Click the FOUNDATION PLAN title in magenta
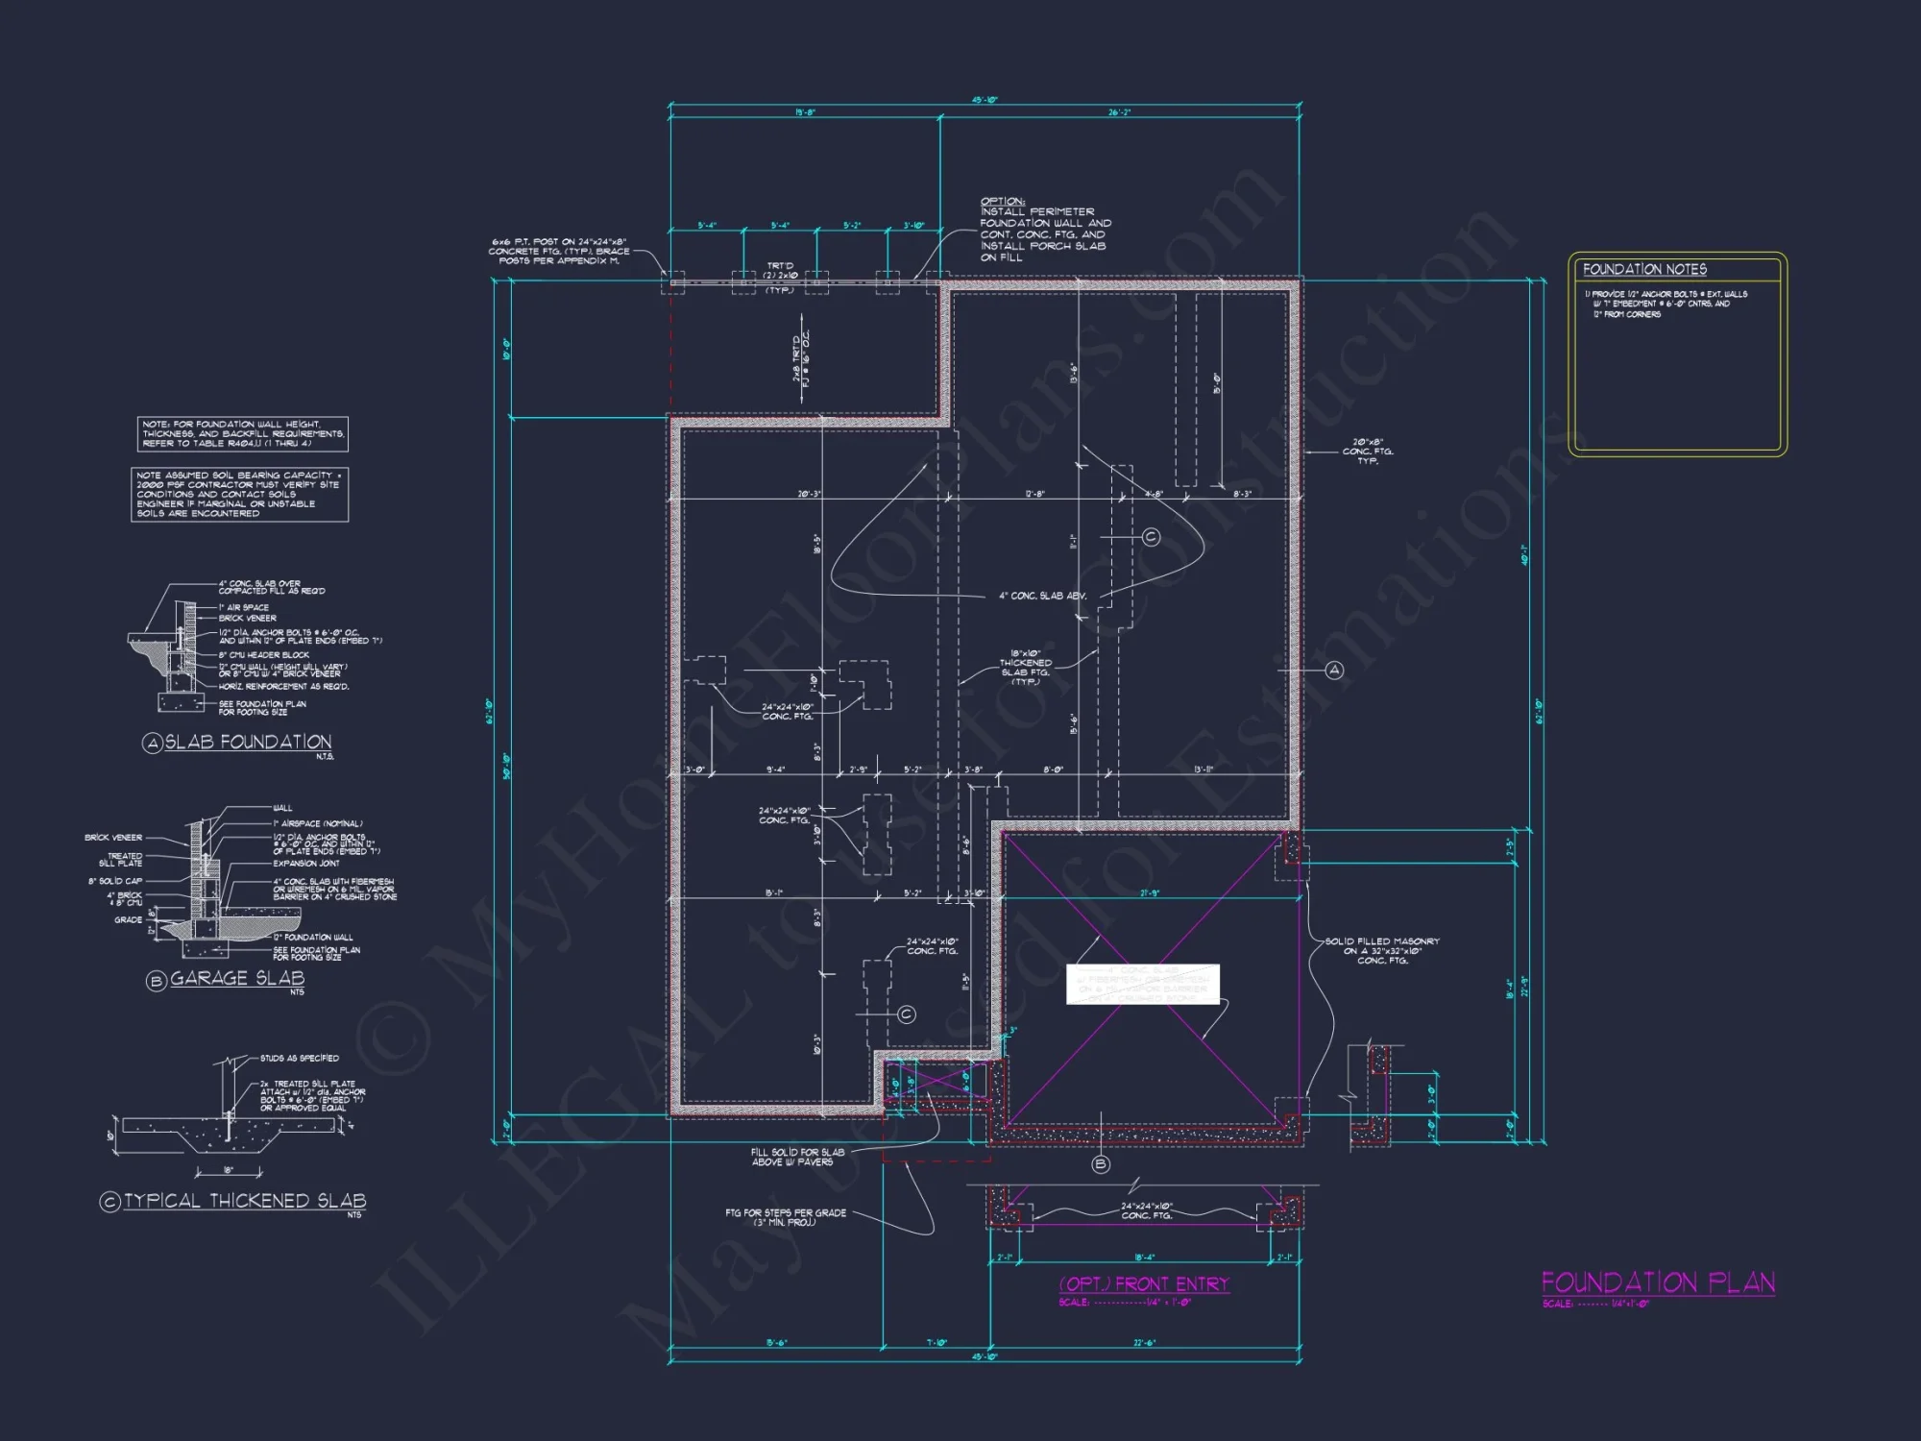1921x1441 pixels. coord(1658,1282)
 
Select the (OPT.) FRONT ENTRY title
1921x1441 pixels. coord(1144,1284)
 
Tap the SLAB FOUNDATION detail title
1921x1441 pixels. coord(248,742)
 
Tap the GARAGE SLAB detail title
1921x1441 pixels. coord(236,978)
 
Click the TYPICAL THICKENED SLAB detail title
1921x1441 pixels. coord(244,1201)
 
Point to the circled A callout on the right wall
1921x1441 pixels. coord(1334,670)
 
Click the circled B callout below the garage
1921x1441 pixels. coord(1101,1164)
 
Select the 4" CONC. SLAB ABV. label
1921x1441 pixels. coord(1042,596)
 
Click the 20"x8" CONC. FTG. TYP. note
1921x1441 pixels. coord(1367,452)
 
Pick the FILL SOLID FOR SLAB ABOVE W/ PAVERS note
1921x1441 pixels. coord(797,1157)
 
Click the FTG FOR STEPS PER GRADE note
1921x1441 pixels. coord(785,1217)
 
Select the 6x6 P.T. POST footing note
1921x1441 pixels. coord(559,252)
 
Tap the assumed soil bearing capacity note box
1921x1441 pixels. coord(239,494)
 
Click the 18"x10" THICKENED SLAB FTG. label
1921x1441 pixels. coord(1025,667)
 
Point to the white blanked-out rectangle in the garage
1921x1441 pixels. coord(1142,985)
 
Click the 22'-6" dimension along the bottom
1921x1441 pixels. coord(1144,1343)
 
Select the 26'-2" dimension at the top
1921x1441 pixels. coord(1119,112)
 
